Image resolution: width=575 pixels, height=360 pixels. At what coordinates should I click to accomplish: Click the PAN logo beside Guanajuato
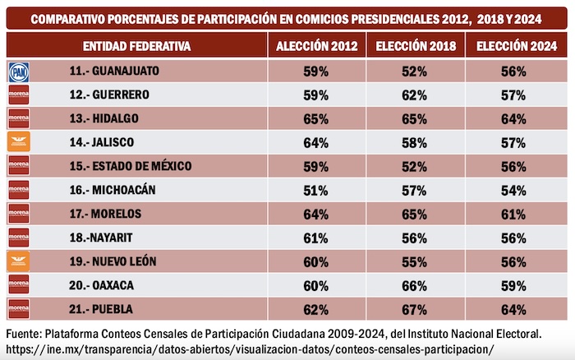pyautogui.click(x=17, y=72)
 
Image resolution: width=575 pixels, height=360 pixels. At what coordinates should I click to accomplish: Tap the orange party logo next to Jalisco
pyautogui.click(x=17, y=142)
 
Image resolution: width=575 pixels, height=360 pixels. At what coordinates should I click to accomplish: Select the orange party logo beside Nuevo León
pyautogui.click(x=17, y=261)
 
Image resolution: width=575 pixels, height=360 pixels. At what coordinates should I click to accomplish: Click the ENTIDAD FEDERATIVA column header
pyautogui.click(x=137, y=46)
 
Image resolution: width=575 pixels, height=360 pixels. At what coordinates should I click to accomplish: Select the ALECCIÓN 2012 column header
pyautogui.click(x=315, y=46)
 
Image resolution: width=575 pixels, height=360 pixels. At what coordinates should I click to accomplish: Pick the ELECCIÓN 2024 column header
pyautogui.click(x=514, y=46)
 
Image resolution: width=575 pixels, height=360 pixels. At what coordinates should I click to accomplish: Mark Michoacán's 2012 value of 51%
pyautogui.click(x=315, y=190)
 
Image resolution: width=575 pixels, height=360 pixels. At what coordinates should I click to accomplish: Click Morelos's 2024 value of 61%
pyautogui.click(x=514, y=214)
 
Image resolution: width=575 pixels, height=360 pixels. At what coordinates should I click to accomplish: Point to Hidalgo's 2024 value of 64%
pyautogui.click(x=514, y=119)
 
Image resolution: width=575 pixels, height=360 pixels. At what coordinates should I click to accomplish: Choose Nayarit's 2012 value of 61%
pyautogui.click(x=315, y=238)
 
